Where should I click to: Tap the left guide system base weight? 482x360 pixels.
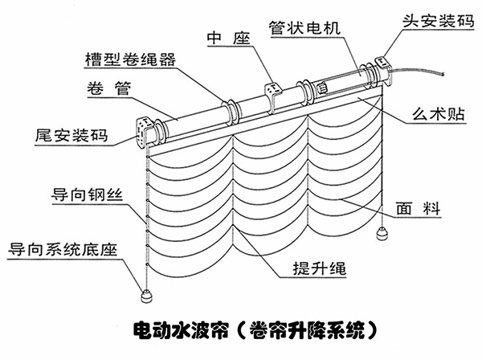[147, 295]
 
